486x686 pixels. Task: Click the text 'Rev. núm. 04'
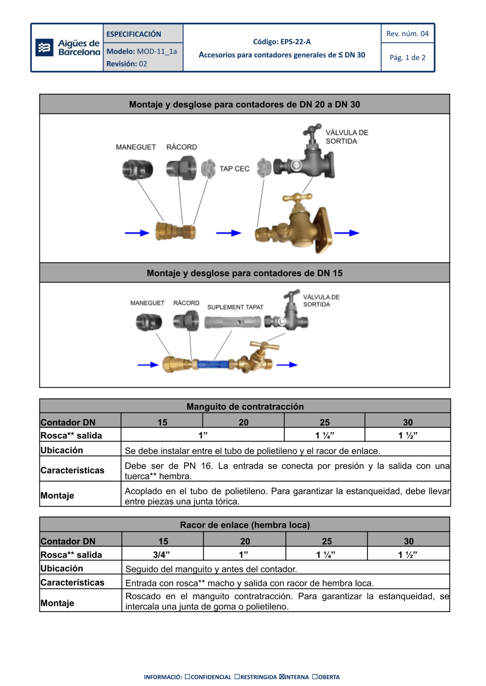pos(407,33)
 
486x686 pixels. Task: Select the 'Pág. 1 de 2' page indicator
pos(407,57)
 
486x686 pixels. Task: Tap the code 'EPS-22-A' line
pos(282,42)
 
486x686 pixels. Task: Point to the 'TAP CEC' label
pos(234,169)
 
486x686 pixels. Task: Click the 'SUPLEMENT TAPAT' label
pos(235,307)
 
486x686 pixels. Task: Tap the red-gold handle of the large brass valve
pos(297,198)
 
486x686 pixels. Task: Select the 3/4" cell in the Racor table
pos(162,554)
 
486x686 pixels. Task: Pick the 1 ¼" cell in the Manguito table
pos(325,435)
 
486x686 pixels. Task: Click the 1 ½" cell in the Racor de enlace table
pos(408,554)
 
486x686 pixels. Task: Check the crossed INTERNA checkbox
pos(282,676)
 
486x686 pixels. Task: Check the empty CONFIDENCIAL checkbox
pos(188,676)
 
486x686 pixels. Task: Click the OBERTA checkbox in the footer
pos(315,676)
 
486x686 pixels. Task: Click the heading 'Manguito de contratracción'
pos(245,406)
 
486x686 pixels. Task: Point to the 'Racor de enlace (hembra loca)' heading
pos(244,525)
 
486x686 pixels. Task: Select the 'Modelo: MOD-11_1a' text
pos(141,51)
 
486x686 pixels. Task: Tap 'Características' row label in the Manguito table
pos(72,470)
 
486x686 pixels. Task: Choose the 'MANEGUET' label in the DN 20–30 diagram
pos(136,147)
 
